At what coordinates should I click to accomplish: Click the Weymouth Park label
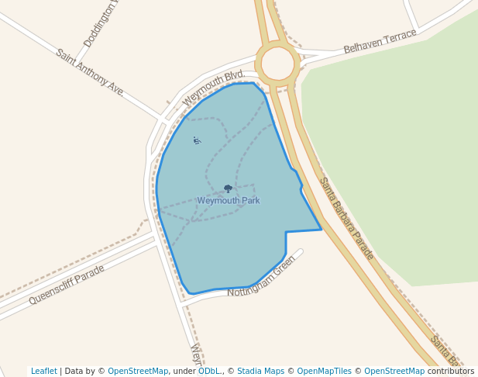pos(229,201)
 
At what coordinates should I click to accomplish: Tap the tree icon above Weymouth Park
pos(228,188)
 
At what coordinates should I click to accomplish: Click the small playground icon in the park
pos(197,140)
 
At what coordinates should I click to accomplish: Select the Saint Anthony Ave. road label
pos(90,72)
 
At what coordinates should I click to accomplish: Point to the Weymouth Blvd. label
pos(213,88)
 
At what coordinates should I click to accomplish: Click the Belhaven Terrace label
pos(380,41)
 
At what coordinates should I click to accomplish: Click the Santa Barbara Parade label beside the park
pos(346,219)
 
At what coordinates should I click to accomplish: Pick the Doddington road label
pos(101,24)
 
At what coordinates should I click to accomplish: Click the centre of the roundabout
pos(277,61)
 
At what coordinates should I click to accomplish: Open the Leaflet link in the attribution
pos(44,372)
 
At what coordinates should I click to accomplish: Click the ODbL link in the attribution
pos(208,372)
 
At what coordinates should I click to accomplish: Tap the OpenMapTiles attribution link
pos(325,372)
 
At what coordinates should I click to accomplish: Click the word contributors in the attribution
pos(450,372)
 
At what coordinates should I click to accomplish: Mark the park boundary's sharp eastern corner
pos(321,229)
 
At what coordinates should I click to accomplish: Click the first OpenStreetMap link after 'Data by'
pos(138,372)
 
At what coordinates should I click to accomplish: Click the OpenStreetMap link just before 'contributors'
pos(394,372)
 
